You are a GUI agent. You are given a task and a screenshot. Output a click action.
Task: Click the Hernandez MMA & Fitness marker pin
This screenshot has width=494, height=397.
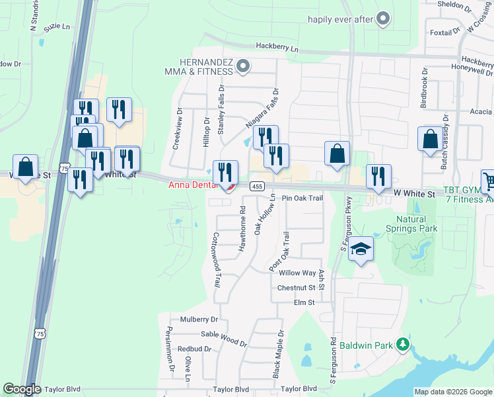(243, 66)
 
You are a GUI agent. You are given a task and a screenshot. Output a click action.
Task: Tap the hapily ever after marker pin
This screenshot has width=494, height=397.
(383, 19)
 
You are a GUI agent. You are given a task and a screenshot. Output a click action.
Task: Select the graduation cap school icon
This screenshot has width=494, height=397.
(361, 249)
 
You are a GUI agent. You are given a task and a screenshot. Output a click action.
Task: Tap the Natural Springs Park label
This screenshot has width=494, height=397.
(417, 224)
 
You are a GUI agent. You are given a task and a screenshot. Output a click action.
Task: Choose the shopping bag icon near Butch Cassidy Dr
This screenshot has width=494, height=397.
(430, 140)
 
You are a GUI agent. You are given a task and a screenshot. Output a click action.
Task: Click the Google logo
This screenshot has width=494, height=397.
(22, 389)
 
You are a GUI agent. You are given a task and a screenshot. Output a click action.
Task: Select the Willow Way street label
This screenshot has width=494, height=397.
(297, 273)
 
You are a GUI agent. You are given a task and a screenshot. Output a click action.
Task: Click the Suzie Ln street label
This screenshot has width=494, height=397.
(56, 28)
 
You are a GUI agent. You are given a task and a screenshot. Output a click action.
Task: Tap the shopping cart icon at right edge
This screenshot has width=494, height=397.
(488, 179)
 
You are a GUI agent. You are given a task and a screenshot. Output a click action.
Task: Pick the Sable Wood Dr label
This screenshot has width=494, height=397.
(224, 339)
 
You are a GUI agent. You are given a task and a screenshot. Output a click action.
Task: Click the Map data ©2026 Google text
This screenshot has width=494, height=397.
(452, 392)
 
